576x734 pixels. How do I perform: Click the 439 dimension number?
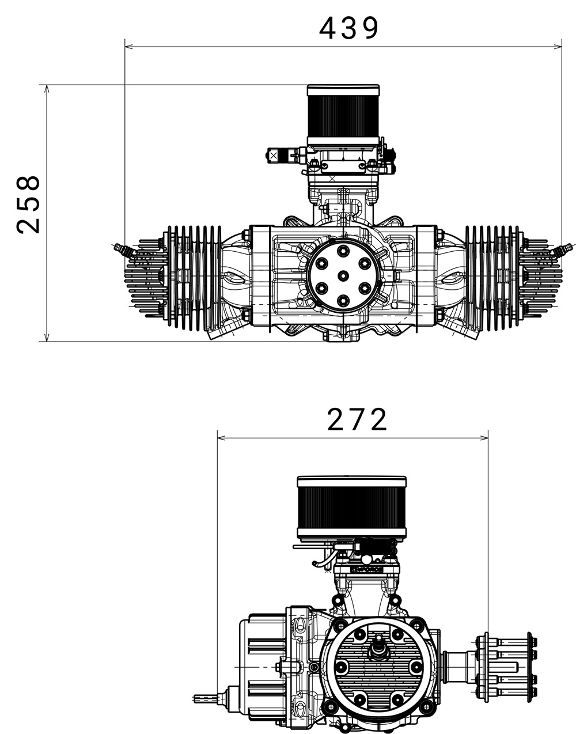[x=348, y=28]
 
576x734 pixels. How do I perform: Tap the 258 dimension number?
[x=28, y=205]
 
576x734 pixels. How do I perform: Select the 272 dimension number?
[x=357, y=419]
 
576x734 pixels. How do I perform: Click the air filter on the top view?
[x=343, y=115]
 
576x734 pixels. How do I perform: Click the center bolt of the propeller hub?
[x=343, y=275]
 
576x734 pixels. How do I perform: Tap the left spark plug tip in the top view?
[x=114, y=245]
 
